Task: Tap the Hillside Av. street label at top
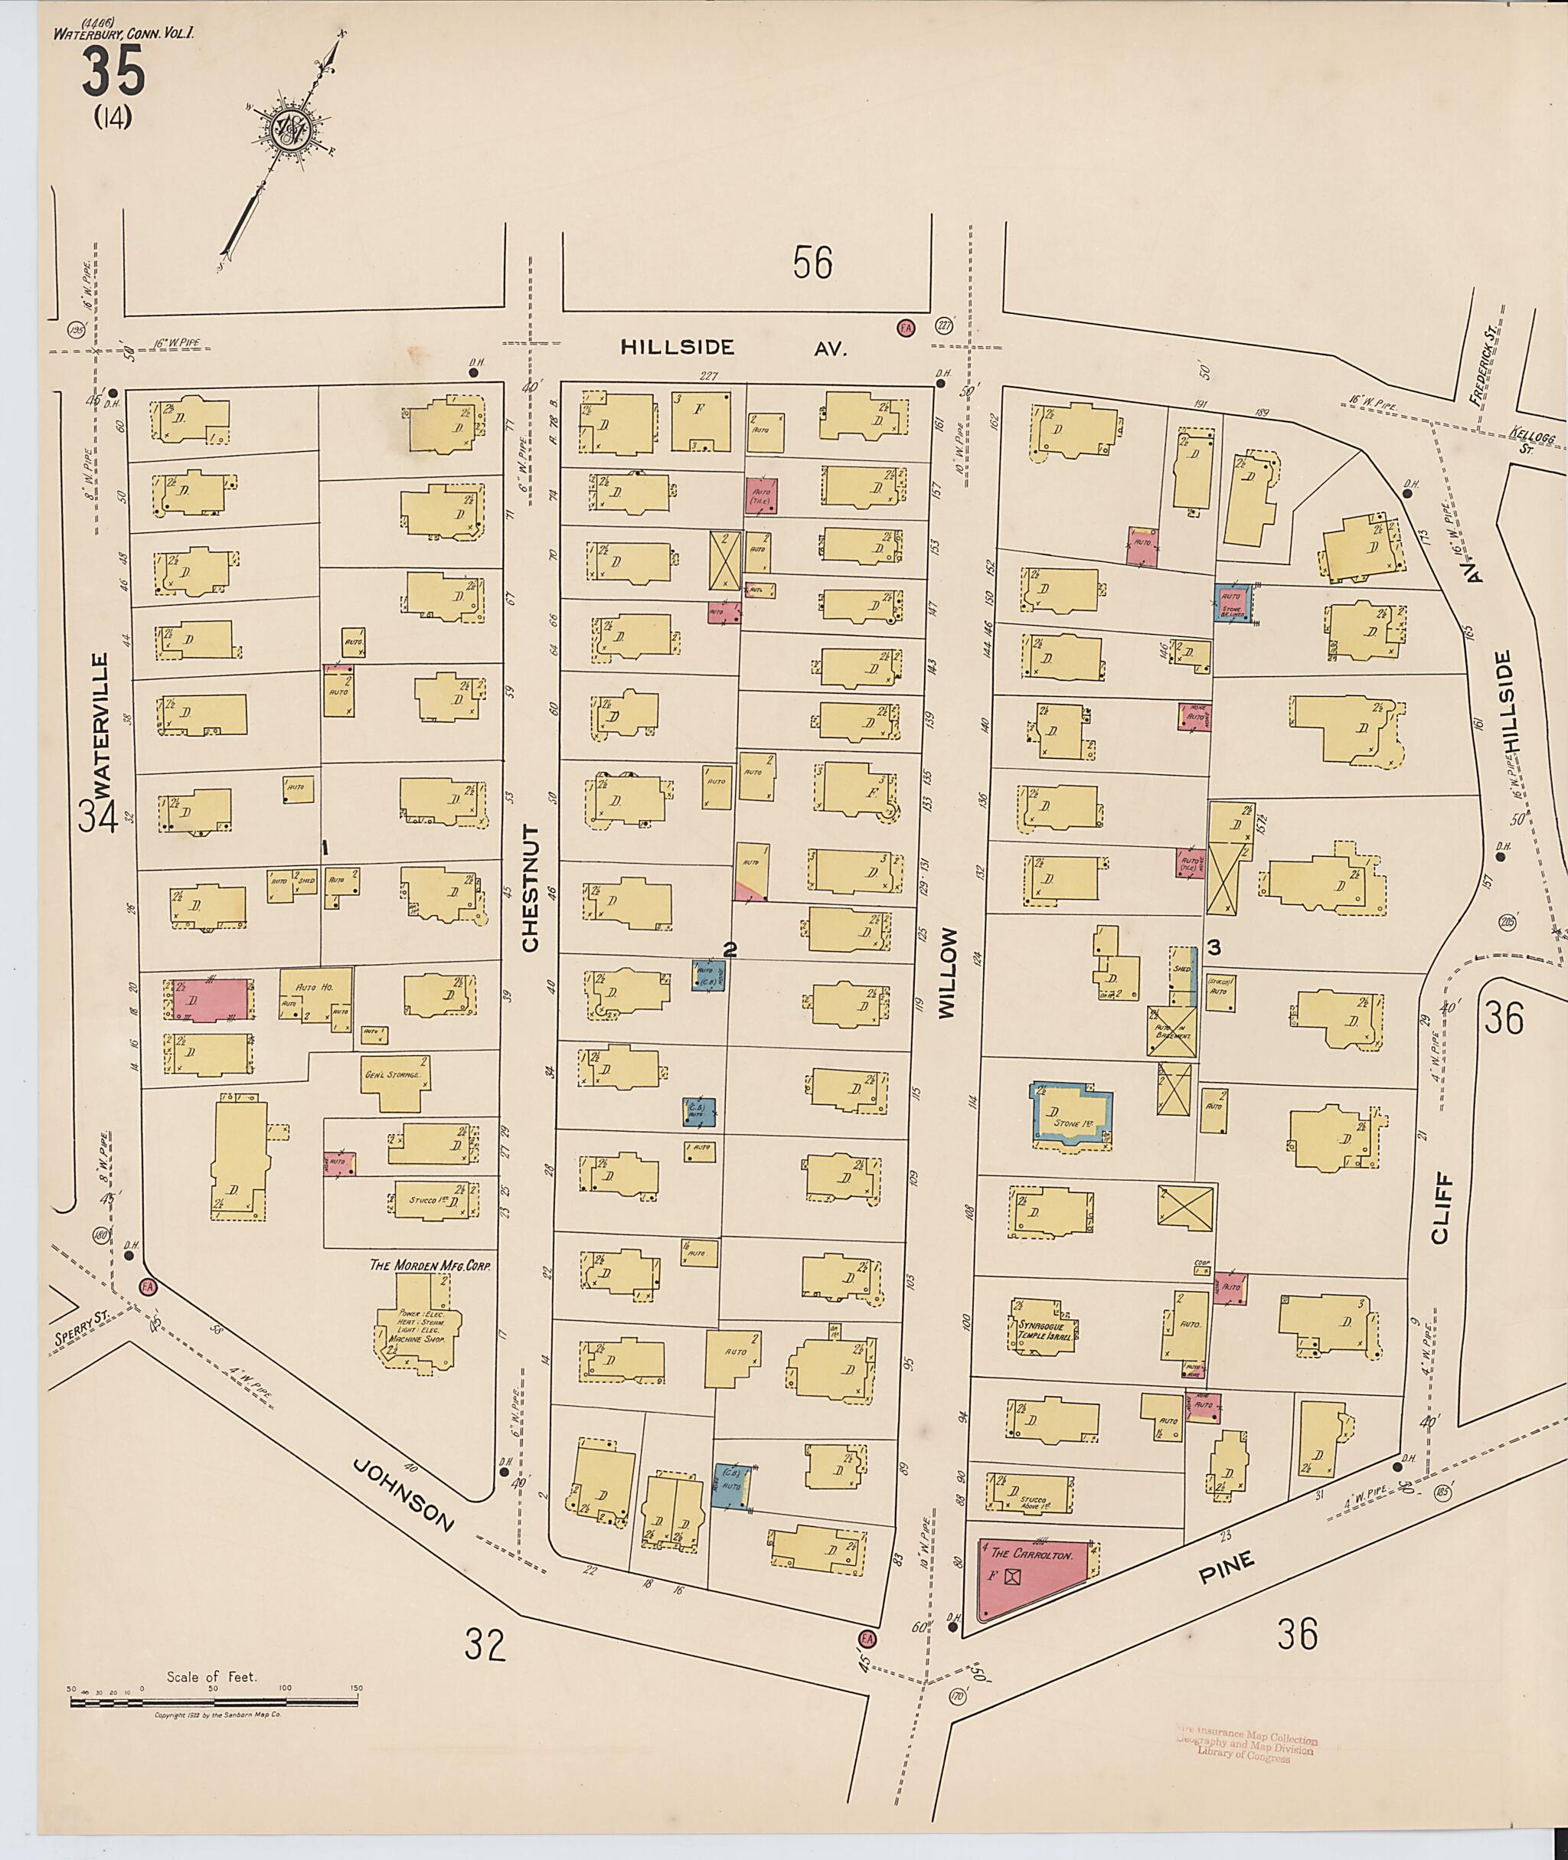(x=733, y=348)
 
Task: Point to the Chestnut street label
(x=531, y=888)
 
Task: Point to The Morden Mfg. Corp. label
(x=430, y=1265)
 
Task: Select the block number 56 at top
(x=812, y=264)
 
